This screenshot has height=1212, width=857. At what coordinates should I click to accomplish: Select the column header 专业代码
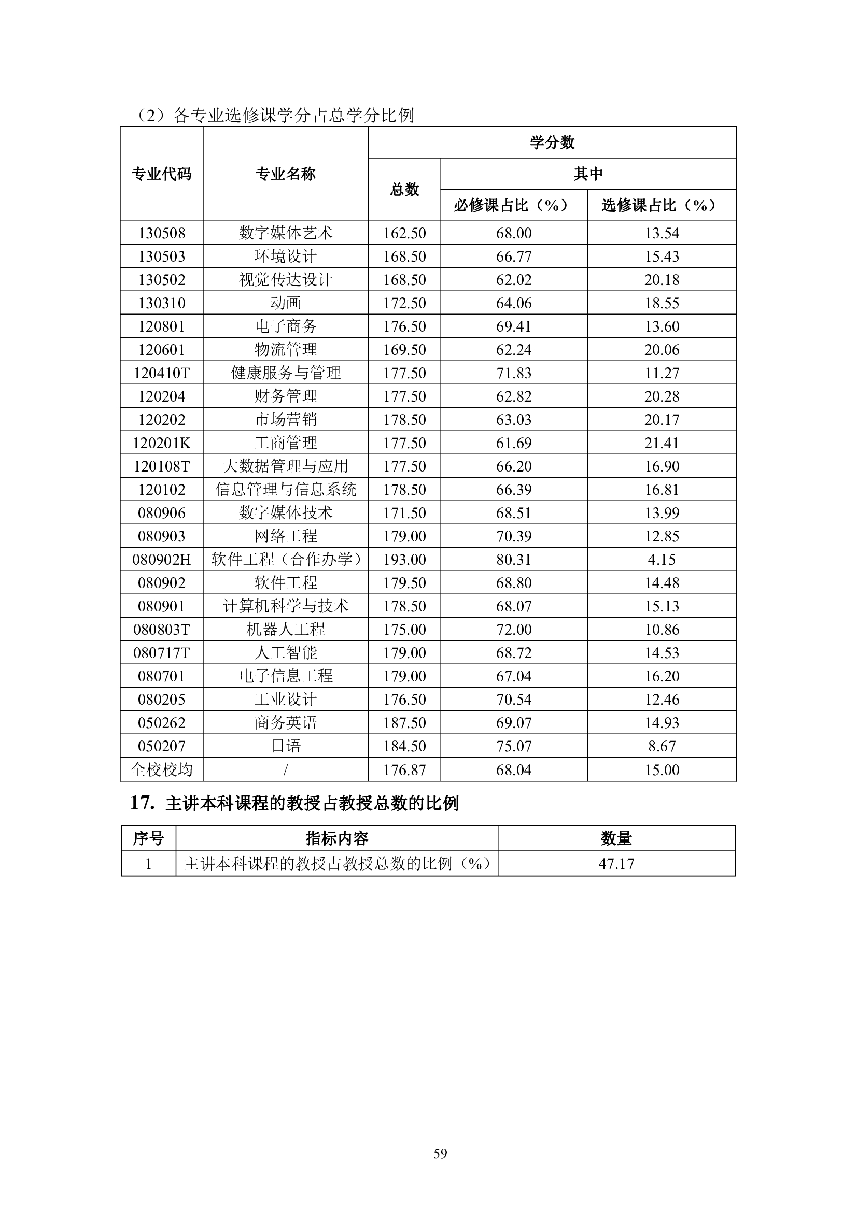tap(162, 174)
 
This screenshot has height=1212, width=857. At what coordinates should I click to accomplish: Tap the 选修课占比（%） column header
tap(661, 205)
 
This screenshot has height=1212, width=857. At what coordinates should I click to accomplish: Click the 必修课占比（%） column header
tap(513, 205)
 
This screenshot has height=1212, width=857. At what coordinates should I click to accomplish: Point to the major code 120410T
tap(162, 373)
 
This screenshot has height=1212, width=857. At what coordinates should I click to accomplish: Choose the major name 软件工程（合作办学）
tap(286, 560)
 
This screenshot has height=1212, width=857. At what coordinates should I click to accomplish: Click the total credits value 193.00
tap(404, 560)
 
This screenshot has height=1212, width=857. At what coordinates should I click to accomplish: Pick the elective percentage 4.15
tap(661, 560)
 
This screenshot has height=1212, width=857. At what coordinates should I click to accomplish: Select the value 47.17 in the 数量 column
tap(616, 864)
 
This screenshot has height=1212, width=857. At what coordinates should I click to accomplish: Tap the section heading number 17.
tap(142, 803)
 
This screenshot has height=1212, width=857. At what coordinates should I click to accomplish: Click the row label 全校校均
tap(162, 769)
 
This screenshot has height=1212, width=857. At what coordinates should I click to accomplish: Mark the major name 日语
tap(286, 746)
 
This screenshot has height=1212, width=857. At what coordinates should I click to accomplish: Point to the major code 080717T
tap(162, 653)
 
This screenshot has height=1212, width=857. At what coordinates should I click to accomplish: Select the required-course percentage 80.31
tap(513, 560)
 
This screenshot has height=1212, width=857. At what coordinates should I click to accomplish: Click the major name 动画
tap(286, 303)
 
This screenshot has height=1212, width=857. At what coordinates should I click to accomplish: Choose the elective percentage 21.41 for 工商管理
tap(661, 443)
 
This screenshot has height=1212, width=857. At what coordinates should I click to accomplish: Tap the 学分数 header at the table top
tap(552, 142)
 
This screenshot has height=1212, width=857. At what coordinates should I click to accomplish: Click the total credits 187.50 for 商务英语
tap(404, 723)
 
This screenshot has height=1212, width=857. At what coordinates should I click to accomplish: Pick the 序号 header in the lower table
tap(148, 838)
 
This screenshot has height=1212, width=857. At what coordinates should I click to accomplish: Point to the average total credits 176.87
tap(404, 769)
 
